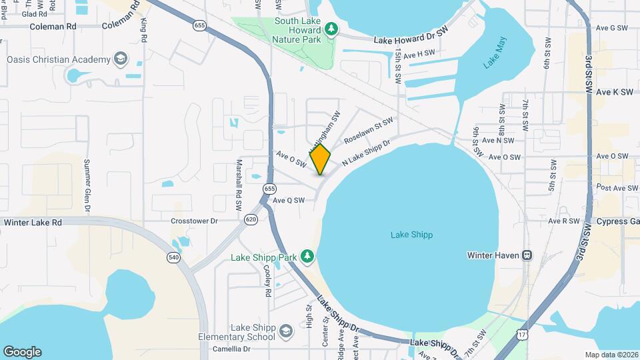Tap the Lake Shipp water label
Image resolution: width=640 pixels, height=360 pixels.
click(411, 235)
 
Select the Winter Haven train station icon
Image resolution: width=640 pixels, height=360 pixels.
click(527, 255)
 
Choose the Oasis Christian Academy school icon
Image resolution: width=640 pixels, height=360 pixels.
click(120, 59)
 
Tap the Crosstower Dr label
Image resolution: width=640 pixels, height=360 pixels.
click(194, 221)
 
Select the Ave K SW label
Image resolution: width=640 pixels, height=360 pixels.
click(614, 92)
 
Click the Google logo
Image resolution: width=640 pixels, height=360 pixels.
click(22, 351)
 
